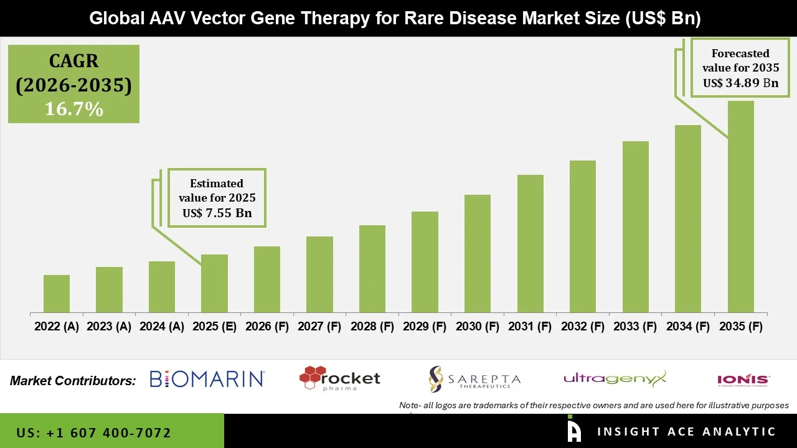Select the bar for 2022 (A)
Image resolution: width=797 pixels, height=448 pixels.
[57, 294]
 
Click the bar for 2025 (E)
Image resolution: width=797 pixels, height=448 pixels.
[214, 284]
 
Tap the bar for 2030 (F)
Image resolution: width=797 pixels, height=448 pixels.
[477, 254]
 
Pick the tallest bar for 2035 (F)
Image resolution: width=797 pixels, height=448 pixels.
[740, 207]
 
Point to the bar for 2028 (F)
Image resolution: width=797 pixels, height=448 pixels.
[372, 269]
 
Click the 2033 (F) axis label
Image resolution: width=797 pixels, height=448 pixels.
[635, 327]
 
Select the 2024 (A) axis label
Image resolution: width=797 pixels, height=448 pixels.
[162, 327]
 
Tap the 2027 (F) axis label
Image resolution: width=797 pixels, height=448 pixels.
[319, 327]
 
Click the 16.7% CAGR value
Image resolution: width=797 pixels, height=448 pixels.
[73, 110]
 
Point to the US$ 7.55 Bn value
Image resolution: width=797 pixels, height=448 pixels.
[217, 213]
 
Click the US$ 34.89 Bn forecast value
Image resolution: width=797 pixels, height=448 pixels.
[740, 83]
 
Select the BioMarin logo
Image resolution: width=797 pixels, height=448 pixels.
[207, 379]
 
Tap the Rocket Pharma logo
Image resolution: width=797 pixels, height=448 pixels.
[339, 378]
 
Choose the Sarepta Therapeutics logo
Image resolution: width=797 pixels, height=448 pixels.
[474, 379]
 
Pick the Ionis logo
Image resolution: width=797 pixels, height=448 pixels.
[743, 380]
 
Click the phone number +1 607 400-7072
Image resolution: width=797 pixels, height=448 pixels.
[94, 432]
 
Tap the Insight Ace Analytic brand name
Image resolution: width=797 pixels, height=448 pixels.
[686, 432]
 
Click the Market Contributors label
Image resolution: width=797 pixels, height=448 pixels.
[73, 381]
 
